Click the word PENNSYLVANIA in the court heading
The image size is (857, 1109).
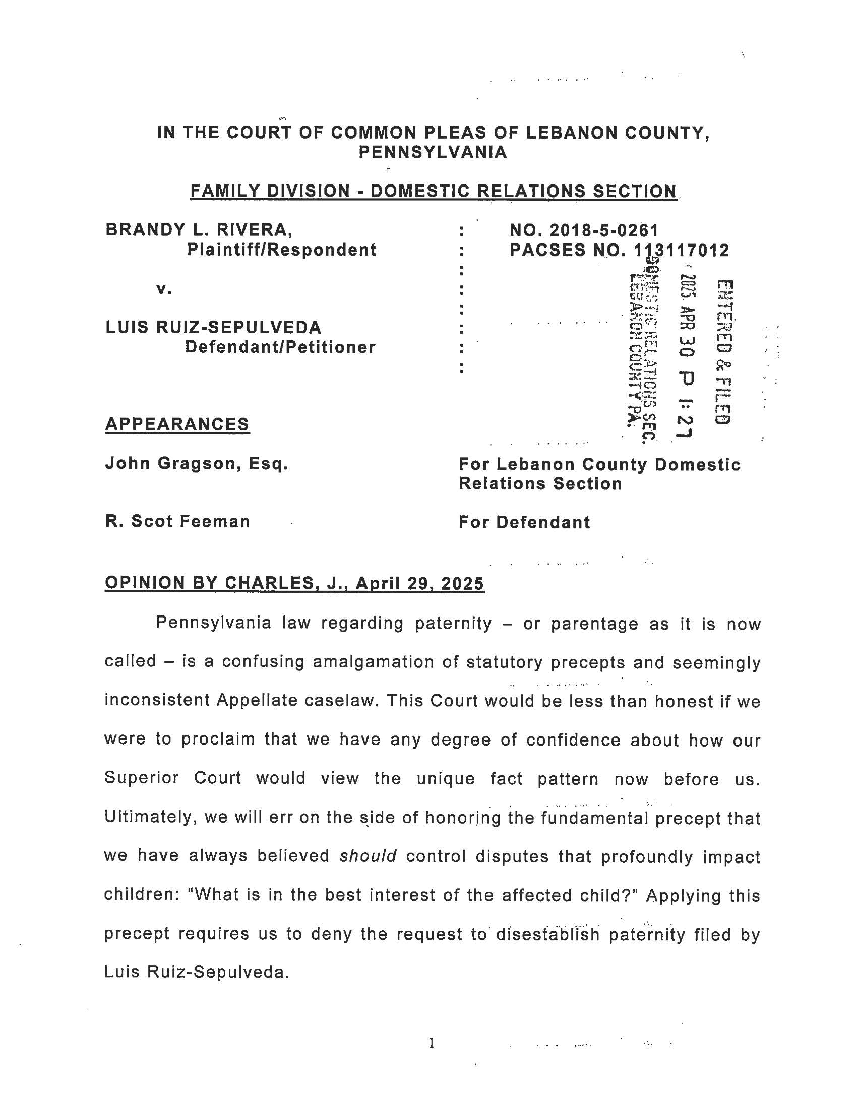click(433, 152)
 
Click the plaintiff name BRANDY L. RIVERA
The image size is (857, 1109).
click(199, 230)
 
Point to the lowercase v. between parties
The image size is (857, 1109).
click(163, 289)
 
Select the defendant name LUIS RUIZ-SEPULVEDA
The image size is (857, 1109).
click(213, 327)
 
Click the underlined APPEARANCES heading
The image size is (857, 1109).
click(177, 424)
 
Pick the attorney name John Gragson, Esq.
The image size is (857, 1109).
click(197, 463)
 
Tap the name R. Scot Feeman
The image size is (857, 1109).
click(177, 522)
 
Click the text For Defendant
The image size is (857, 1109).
click(524, 522)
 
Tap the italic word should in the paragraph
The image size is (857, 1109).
click(368, 856)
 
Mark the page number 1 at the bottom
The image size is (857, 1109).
click(431, 1043)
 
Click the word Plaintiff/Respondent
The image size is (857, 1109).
click(282, 250)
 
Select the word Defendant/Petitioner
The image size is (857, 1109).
click(280, 347)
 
